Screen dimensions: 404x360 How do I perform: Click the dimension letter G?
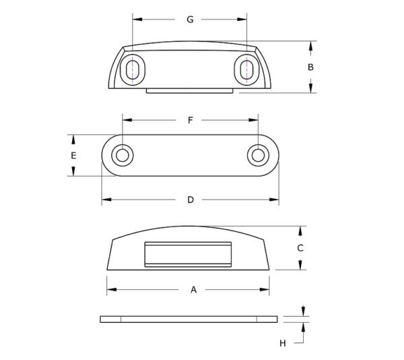(x=190, y=20)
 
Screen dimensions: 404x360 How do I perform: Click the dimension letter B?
(x=310, y=67)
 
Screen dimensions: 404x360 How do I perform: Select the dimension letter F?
(x=190, y=120)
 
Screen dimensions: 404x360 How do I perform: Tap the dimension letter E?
(x=73, y=156)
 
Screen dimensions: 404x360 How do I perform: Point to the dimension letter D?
(x=191, y=200)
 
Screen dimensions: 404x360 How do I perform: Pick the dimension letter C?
(x=300, y=248)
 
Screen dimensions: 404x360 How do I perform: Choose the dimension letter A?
(x=193, y=290)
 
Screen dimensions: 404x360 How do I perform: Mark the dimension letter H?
(x=283, y=343)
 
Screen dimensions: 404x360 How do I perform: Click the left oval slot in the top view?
(x=133, y=69)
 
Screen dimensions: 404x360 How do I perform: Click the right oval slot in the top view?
(x=246, y=69)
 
